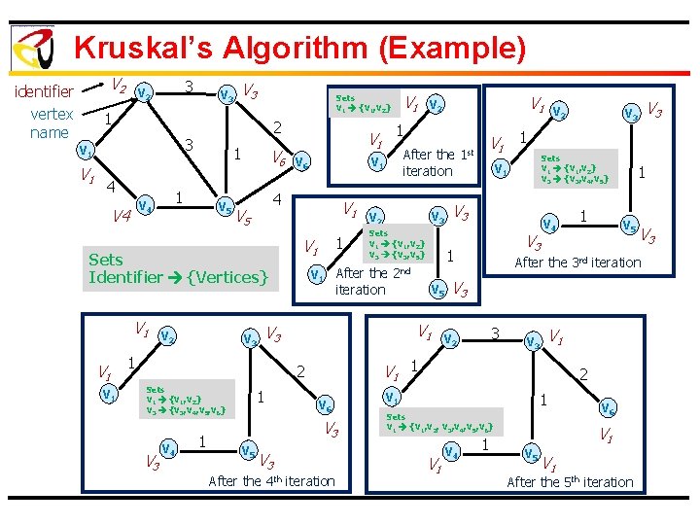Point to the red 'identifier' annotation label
pos(42,92)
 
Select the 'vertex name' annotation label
pos(50,122)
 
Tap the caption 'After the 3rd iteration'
pos(577,262)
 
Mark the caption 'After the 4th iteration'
pos(271,480)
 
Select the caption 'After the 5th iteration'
pos(570,481)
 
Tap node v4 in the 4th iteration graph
pos(167,449)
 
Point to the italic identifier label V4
pos(122,216)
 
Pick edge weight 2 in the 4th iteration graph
pos(301,370)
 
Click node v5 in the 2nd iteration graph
pos(438,288)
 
